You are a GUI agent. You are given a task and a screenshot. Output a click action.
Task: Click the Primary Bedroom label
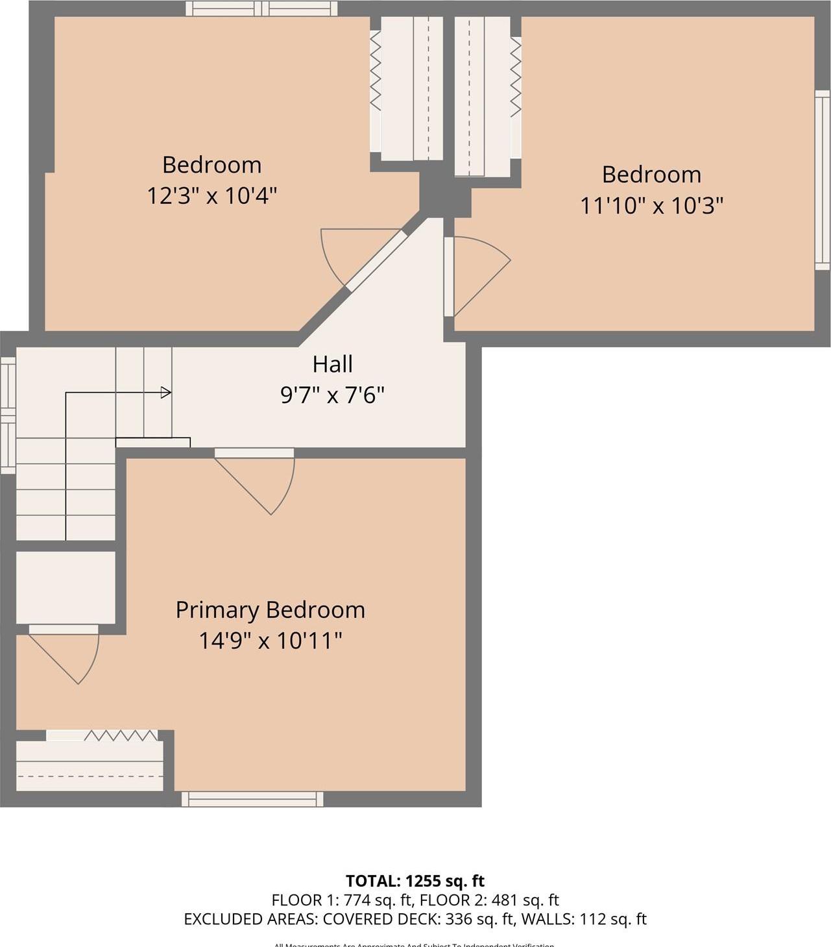(x=270, y=610)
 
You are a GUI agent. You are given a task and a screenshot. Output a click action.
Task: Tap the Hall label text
(x=332, y=364)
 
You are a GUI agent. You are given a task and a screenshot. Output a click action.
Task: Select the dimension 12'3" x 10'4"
(x=211, y=195)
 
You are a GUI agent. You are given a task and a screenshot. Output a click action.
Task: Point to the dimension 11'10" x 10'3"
(x=651, y=206)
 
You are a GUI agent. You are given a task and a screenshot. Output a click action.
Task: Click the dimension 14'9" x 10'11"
(x=270, y=641)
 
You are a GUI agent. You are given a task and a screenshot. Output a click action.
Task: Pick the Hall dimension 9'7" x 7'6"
(x=332, y=395)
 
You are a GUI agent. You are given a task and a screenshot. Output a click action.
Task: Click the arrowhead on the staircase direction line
(x=166, y=393)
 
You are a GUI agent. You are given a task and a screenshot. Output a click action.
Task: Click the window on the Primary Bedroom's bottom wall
(x=252, y=799)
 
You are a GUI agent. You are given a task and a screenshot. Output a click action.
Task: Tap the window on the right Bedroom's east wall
(x=822, y=180)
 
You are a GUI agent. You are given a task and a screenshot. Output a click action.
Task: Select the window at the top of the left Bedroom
(x=261, y=8)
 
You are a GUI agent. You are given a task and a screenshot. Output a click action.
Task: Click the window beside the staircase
(x=8, y=415)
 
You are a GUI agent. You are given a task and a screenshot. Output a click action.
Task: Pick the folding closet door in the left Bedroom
(x=375, y=71)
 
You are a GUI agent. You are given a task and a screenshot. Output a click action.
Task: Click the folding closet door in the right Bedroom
(x=516, y=77)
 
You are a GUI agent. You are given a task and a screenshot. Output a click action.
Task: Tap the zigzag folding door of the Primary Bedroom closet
(x=120, y=735)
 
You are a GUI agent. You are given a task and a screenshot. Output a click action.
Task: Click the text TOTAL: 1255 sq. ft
(x=415, y=881)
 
